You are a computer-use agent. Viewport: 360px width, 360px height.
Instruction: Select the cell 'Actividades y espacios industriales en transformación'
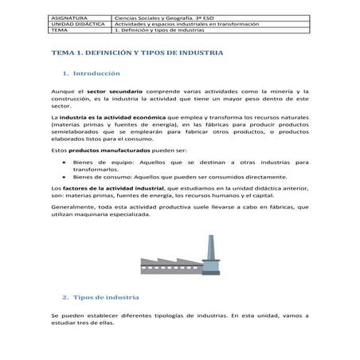[x=187, y=24]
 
